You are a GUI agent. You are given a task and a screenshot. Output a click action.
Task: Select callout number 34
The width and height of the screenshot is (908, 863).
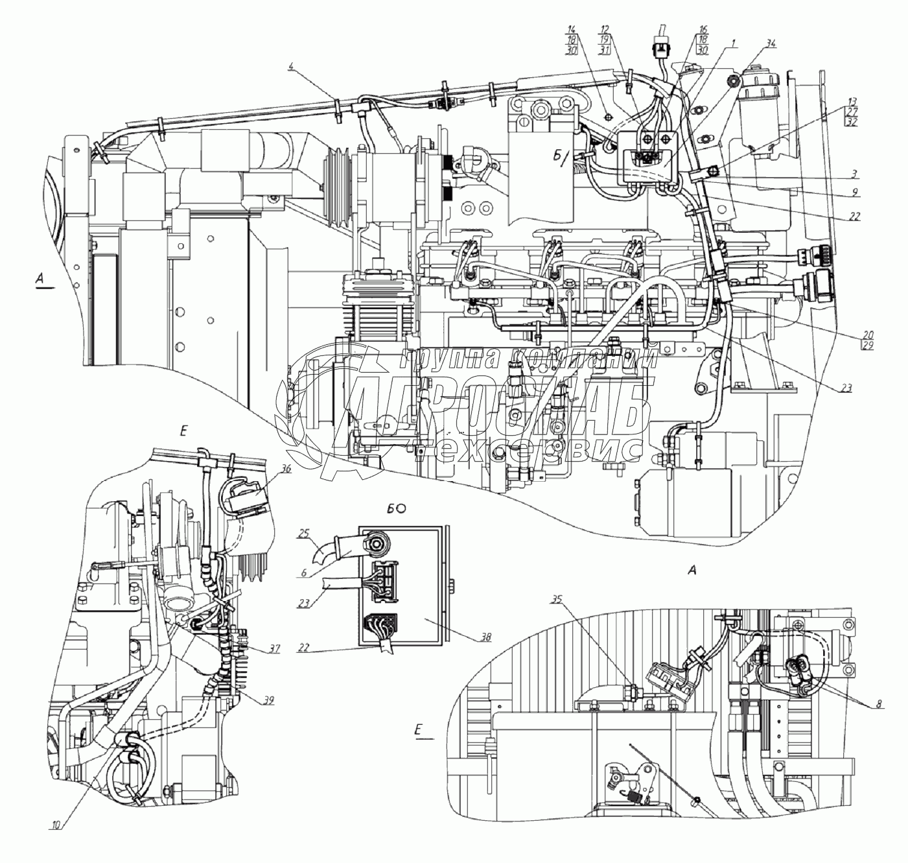point(770,43)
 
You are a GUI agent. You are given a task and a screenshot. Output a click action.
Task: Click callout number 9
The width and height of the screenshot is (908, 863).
point(855,193)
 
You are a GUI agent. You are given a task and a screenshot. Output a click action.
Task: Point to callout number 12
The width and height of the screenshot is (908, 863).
point(604,29)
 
